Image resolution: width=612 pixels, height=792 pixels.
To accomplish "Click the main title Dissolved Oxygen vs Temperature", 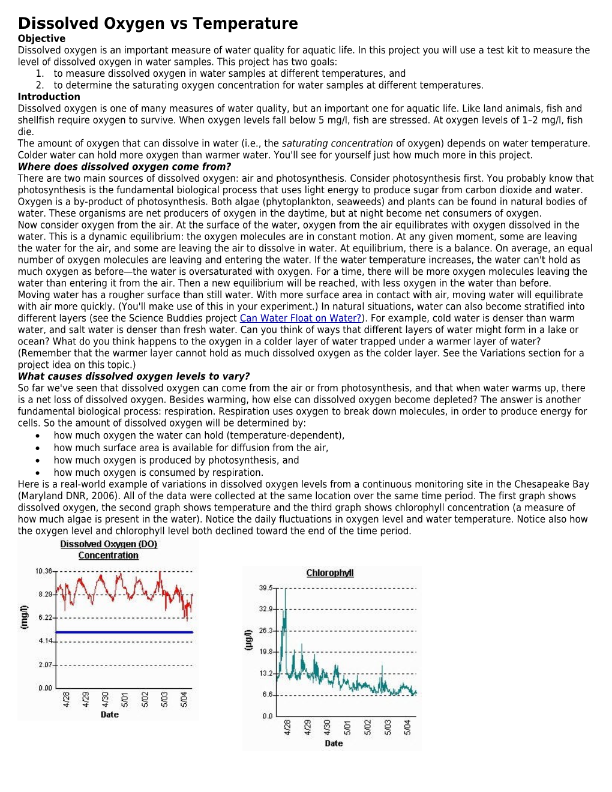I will coord(158,23).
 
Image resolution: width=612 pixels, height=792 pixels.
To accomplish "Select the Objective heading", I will coord(41,38).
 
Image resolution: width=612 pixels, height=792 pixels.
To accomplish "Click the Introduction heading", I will coord(49,97).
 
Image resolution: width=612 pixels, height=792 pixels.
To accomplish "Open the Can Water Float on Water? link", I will coord(301,318).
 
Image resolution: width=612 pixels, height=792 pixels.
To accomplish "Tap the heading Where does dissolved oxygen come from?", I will coord(124,167).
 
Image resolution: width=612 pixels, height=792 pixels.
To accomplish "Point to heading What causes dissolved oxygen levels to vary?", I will coord(134,376).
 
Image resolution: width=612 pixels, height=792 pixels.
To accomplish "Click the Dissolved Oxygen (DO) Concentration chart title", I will coord(109,550).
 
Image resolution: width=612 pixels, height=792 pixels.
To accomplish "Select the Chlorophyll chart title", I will coord(330,573).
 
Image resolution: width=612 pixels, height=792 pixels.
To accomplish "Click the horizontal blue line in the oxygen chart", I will coord(124,632).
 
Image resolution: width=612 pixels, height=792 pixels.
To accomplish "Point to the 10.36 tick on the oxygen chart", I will coord(44,571).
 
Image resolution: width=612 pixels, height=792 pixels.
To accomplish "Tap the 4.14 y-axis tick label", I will coord(46,641).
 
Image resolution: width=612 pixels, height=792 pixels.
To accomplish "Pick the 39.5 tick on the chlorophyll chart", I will coord(266,588).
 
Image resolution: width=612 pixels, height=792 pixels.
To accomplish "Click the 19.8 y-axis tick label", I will coord(266,652).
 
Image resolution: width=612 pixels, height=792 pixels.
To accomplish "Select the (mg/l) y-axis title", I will coord(25,617).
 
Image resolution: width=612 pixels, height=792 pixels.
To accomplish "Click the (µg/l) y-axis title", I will coord(248,640).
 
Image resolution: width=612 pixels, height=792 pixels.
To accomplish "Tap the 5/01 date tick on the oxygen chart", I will coord(125,699).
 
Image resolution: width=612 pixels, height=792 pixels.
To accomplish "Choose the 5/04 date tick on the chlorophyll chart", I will coord(407,727).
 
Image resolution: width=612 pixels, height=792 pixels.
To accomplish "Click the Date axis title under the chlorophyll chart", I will coord(334,743).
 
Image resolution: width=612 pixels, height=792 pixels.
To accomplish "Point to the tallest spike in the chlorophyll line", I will coord(286,591).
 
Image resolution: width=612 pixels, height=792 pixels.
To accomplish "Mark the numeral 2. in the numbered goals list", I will coord(40,85).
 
